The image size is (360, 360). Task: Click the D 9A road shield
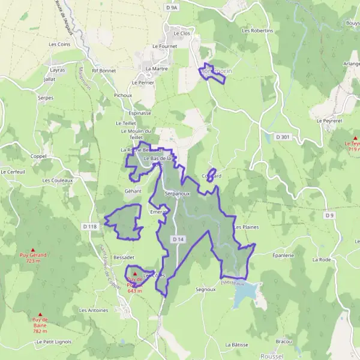click(172, 8)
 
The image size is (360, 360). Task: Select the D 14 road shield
click(178, 239)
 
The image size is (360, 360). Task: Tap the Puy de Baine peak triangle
click(40, 314)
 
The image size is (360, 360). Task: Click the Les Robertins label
click(257, 30)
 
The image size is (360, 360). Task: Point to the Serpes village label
click(46, 97)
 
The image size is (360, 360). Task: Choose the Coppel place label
click(38, 157)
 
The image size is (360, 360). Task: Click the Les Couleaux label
click(57, 179)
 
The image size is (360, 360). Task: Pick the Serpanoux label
click(177, 194)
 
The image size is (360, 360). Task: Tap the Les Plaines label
click(246, 227)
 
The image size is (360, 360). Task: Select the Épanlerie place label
click(283, 255)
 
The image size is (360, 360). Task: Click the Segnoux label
click(205, 289)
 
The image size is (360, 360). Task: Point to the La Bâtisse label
click(237, 345)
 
